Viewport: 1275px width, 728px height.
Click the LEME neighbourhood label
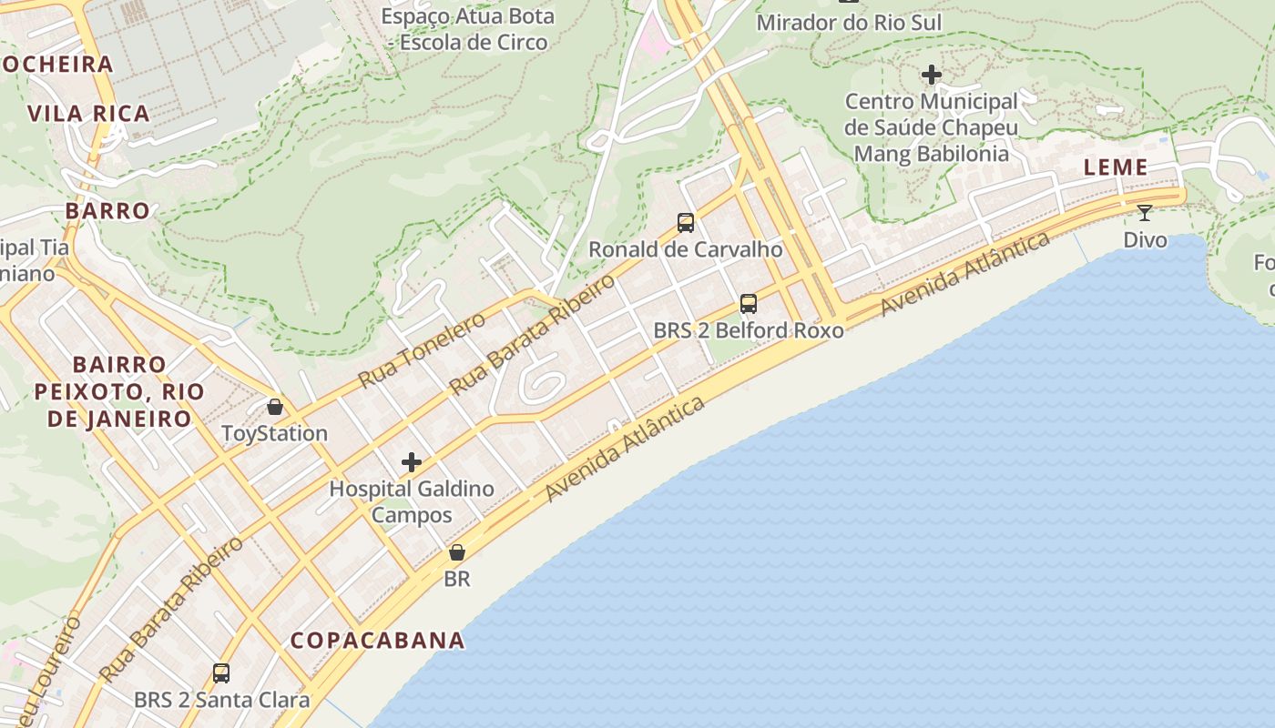[x=1116, y=167]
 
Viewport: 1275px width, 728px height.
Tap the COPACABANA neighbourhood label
[x=378, y=640]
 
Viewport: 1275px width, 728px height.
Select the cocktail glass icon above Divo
[x=1145, y=213]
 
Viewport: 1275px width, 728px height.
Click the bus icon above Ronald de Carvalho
[x=686, y=223]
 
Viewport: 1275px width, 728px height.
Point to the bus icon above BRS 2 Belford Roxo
[x=749, y=304]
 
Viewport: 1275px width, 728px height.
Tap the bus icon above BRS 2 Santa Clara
[x=221, y=673]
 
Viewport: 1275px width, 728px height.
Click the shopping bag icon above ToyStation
[x=275, y=407]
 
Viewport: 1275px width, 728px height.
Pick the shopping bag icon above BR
[x=457, y=552]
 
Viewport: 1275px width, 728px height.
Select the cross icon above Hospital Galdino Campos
[x=412, y=462]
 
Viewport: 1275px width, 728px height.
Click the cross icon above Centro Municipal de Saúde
[x=932, y=75]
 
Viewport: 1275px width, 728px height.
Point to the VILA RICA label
[x=88, y=114]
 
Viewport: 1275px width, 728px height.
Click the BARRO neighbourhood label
[x=107, y=211]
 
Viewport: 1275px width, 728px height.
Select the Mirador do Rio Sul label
[x=849, y=22]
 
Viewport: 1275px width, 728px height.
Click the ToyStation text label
[x=275, y=433]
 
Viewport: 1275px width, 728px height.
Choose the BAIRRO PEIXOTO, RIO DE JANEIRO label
[x=119, y=391]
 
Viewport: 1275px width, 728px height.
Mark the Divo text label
[x=1145, y=239]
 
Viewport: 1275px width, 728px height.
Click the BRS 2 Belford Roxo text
[x=749, y=330]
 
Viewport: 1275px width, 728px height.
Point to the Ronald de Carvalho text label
[x=686, y=249]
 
